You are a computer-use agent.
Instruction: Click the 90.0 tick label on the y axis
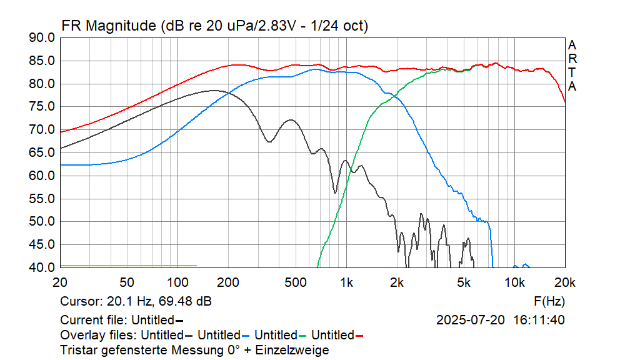(x=42, y=38)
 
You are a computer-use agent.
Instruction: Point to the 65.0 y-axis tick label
(x=42, y=153)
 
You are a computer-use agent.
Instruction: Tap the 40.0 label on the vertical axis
(x=42, y=267)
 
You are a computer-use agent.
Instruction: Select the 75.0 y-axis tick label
(x=42, y=107)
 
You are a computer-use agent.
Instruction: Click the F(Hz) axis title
(x=549, y=302)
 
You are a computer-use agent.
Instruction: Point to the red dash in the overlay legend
(x=359, y=336)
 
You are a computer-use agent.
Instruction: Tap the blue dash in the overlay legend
(x=246, y=336)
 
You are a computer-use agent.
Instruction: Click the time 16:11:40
(x=539, y=320)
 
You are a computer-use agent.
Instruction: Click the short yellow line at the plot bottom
(x=128, y=266)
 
